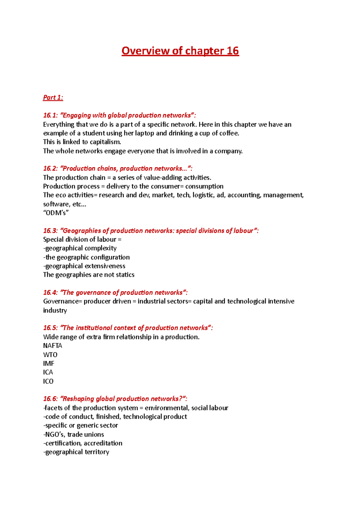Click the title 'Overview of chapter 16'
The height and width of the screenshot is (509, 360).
click(x=180, y=51)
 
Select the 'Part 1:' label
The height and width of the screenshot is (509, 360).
click(x=53, y=97)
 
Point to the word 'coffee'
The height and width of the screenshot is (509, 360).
click(x=229, y=133)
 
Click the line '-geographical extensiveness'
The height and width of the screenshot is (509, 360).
click(x=84, y=266)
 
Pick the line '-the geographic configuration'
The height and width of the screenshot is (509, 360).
click(x=86, y=257)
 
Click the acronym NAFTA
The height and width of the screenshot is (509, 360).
click(x=52, y=346)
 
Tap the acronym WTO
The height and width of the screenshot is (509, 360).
click(x=50, y=355)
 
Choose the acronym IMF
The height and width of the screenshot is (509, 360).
click(x=49, y=363)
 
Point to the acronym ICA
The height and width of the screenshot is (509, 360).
click(x=48, y=372)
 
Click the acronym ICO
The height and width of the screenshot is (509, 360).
click(x=48, y=381)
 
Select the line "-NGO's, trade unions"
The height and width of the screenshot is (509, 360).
click(x=73, y=434)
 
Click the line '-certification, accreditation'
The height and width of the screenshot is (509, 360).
click(x=83, y=443)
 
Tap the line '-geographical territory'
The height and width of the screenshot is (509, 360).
click(x=76, y=452)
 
